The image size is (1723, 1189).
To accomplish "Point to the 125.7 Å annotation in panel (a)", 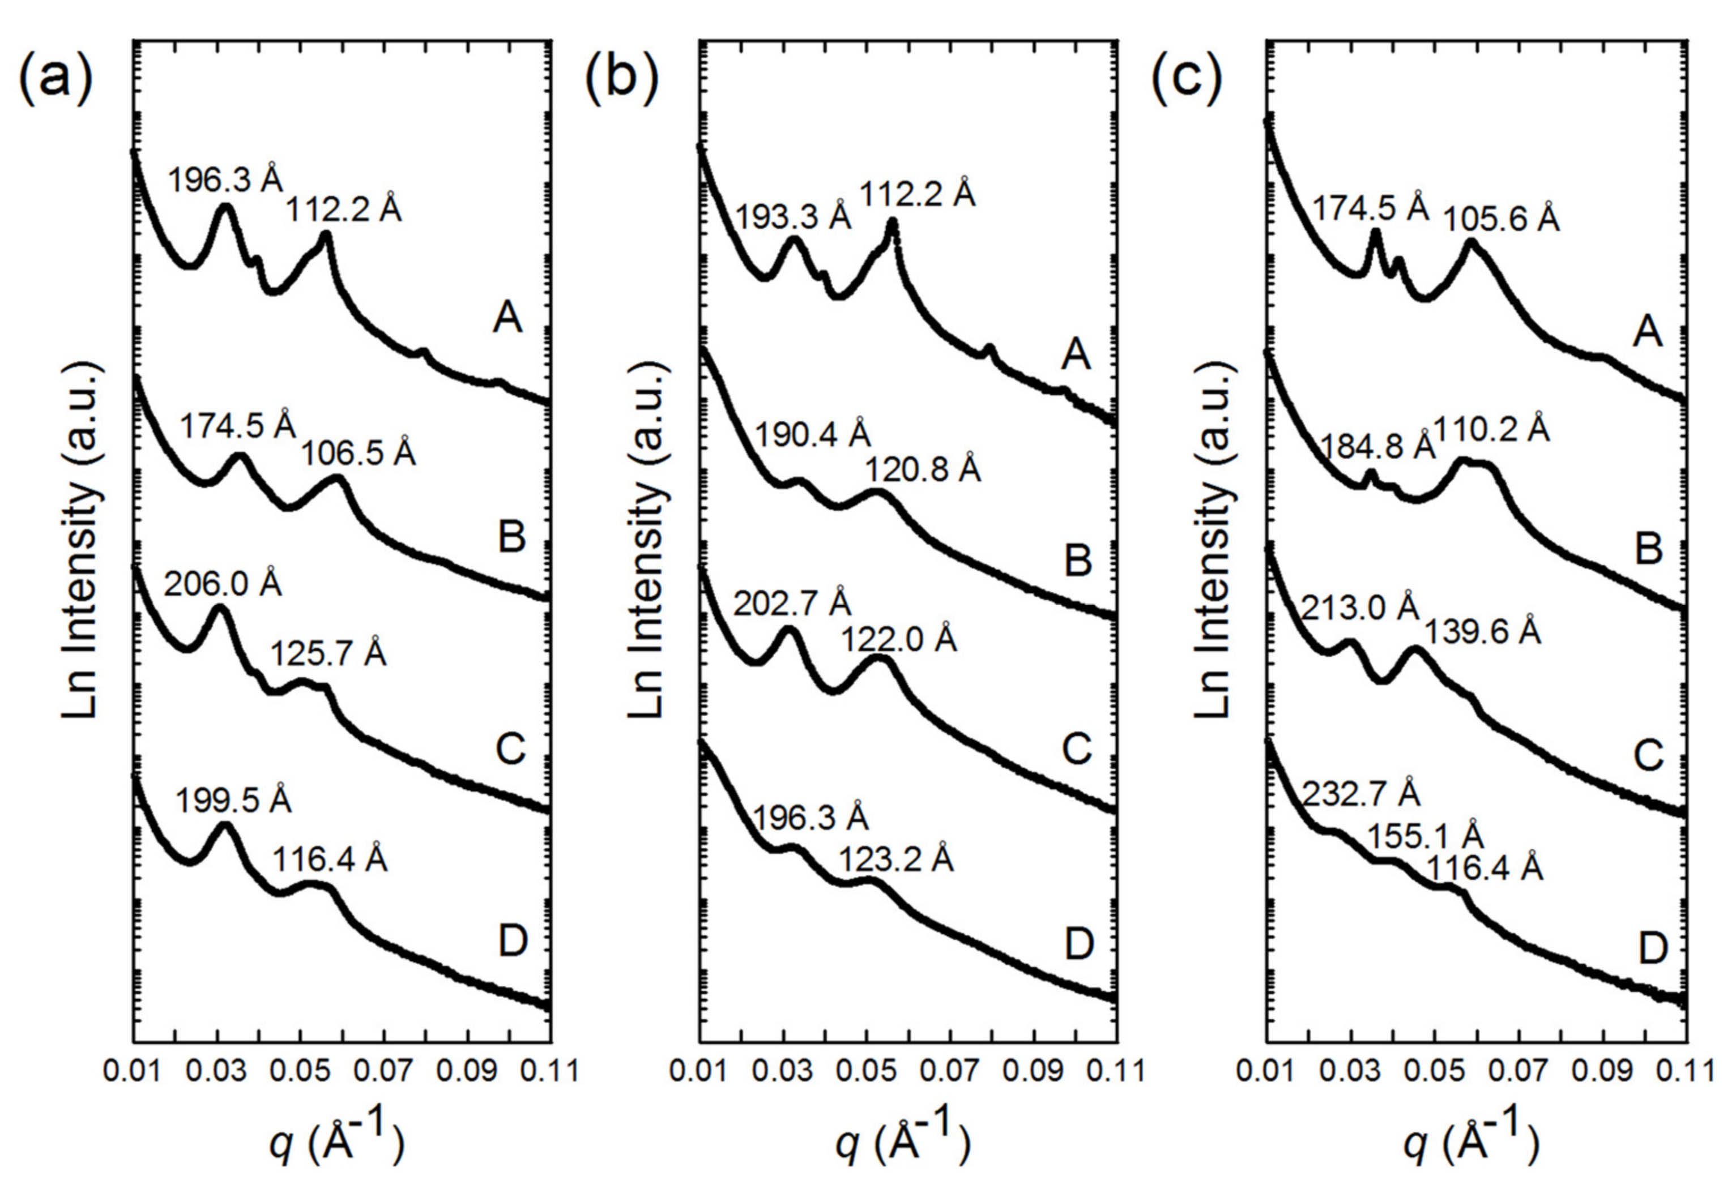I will point(328,655).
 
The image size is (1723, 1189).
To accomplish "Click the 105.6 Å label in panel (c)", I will point(1501,219).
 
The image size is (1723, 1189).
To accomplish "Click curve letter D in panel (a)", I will point(513,942).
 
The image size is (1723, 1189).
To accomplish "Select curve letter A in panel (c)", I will point(1647,333).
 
